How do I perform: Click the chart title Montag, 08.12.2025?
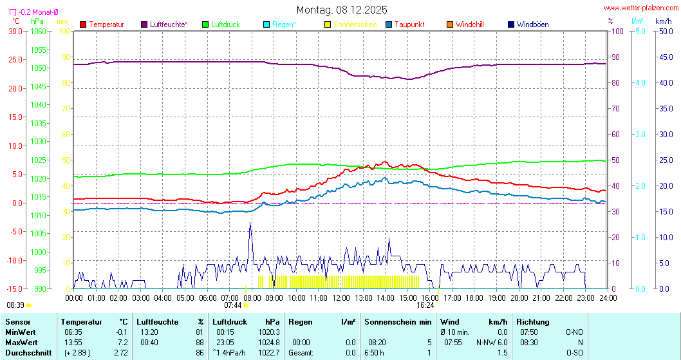[342, 10]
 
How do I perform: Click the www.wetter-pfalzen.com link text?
[640, 8]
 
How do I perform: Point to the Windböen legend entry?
[532, 24]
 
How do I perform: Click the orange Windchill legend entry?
[469, 24]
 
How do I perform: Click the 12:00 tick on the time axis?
[340, 298]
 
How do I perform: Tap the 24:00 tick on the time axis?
[608, 298]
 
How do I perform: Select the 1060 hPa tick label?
[39, 31]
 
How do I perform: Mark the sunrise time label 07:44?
[232, 305]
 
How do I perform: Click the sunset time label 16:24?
[425, 305]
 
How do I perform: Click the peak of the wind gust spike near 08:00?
[250, 223]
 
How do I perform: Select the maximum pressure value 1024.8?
[272, 342]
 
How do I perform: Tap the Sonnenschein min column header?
[398, 321]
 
